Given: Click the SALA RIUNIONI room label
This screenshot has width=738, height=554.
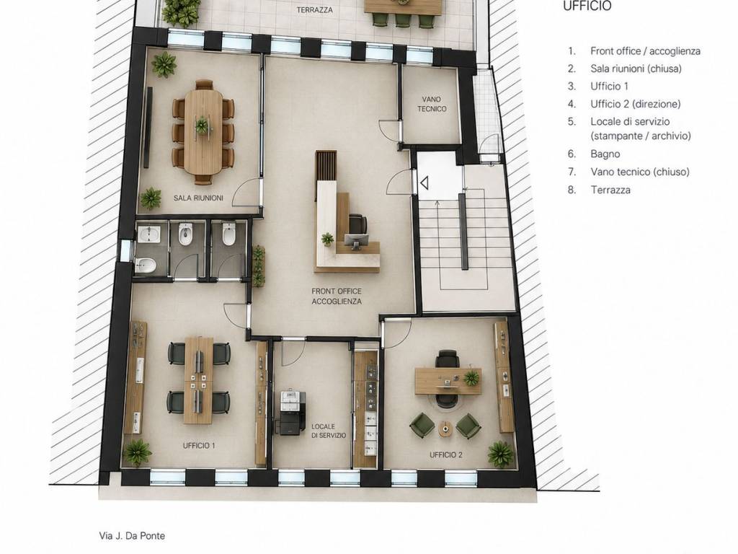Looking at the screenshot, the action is tap(198, 198).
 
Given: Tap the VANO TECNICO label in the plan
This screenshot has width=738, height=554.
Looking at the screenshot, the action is tap(432, 104).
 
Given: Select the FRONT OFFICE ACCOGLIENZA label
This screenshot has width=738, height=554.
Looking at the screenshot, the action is tap(337, 296).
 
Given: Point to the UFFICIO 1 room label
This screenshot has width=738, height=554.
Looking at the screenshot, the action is tap(199, 445).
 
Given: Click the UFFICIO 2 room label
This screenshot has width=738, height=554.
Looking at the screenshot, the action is tap(445, 454).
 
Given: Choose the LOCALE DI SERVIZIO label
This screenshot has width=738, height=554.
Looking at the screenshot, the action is tap(329, 431).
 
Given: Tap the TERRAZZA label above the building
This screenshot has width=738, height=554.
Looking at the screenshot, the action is tap(315, 9).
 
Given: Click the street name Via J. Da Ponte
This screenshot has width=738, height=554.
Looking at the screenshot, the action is tap(132, 536).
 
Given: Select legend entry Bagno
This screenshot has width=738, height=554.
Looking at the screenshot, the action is tap(605, 154).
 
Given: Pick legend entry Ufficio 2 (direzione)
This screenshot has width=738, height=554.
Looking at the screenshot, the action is tap(636, 104).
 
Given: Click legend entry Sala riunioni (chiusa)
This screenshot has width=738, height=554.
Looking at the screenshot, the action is tap(636, 69).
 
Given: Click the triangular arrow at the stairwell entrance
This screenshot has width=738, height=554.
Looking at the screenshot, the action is tap(424, 183).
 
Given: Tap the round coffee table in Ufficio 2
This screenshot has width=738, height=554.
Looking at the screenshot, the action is tap(445, 428).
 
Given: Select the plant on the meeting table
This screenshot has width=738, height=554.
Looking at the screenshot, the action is tap(202, 126).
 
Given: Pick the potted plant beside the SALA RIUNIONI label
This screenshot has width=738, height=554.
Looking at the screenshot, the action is tap(151, 198).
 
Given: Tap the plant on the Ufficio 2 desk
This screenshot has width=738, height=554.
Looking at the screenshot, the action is tap(471, 377).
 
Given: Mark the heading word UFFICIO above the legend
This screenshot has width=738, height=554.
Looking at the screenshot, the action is tap(587, 6).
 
